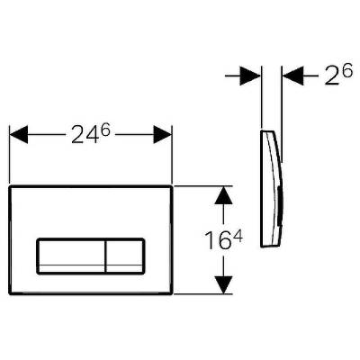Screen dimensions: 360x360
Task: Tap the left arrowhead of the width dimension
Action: coord(19,134)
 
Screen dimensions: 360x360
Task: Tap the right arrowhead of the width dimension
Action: coord(163,134)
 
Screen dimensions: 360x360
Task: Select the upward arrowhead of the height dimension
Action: coord(224,195)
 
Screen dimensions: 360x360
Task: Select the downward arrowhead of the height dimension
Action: coord(224,284)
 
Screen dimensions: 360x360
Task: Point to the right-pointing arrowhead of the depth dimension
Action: coord(250,76)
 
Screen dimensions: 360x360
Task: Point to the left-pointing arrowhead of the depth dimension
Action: coord(293,76)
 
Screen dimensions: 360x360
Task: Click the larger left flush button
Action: coord(71,256)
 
